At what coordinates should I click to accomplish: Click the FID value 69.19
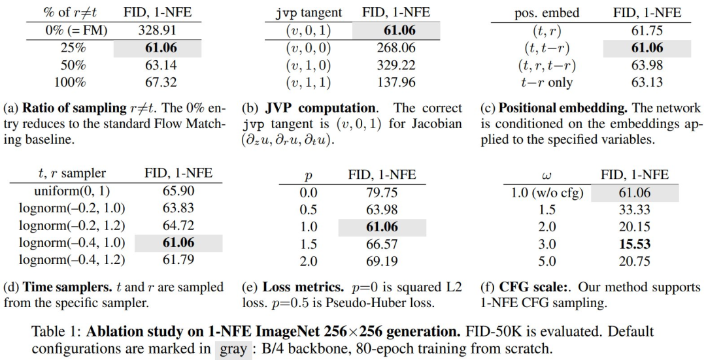(381, 261)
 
